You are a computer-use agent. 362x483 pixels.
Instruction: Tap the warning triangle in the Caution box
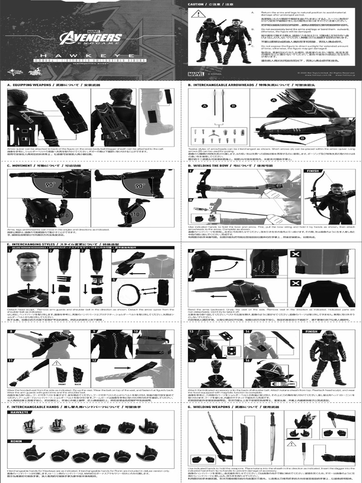[195, 14]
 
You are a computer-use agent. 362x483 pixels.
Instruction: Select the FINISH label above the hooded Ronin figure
[312, 332]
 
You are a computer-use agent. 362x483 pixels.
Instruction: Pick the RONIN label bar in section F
[17, 441]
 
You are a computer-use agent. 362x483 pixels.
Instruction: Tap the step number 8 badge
[11, 332]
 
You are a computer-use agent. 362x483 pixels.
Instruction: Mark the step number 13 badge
[192, 332]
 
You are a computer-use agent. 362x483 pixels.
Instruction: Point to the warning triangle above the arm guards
[57, 363]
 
